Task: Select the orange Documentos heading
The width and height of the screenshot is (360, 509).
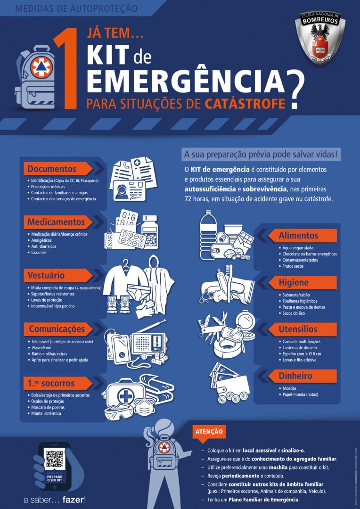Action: click(52, 169)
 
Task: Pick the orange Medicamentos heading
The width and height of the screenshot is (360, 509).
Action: click(56, 222)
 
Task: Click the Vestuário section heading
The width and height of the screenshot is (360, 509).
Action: click(46, 275)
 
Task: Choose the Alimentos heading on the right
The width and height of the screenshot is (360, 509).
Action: click(298, 235)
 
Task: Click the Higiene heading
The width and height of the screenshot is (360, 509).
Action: click(294, 282)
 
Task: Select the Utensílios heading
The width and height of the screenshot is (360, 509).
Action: click(298, 329)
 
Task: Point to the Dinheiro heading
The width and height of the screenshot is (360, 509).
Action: click(295, 376)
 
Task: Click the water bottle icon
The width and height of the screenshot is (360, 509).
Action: click(208, 230)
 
